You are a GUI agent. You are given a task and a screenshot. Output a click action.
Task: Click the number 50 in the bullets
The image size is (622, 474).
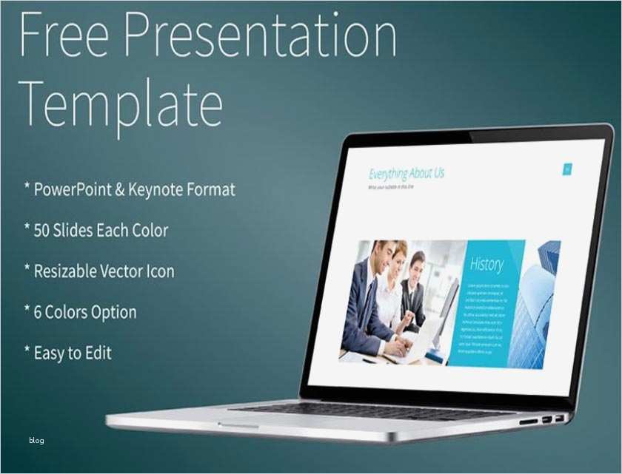click(43, 230)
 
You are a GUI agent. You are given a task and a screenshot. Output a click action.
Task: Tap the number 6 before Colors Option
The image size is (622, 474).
click(38, 312)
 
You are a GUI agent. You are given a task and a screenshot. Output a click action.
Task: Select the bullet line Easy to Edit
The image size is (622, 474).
click(73, 353)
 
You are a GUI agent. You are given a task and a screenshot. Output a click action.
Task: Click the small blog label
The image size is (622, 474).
click(36, 441)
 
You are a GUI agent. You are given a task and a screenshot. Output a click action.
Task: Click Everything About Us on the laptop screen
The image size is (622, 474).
click(407, 174)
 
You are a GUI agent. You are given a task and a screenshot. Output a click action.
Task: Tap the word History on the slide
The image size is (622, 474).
click(486, 264)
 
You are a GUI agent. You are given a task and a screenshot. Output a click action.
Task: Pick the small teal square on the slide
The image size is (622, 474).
click(567, 169)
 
